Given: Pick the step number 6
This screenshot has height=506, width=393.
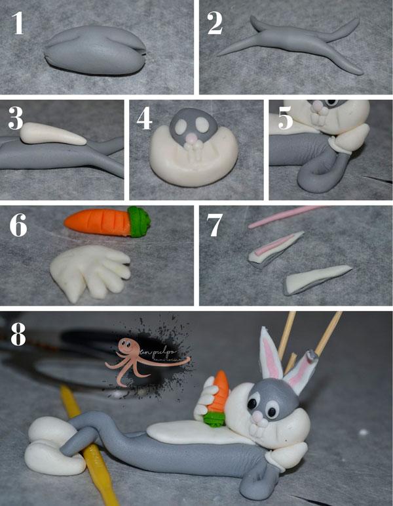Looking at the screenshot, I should pyautogui.click(x=18, y=226).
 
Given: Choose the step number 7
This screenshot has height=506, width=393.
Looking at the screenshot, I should pyautogui.click(x=215, y=226).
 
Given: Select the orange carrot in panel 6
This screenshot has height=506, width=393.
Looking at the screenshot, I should pyautogui.click(x=97, y=222).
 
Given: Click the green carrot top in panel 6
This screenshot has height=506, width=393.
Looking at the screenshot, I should pyautogui.click(x=138, y=221).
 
